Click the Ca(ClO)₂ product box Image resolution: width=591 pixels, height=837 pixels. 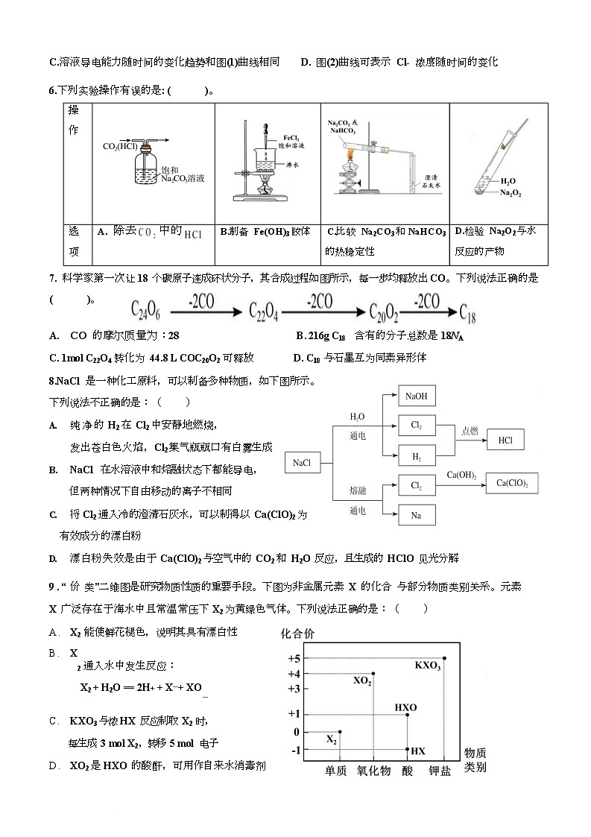512,483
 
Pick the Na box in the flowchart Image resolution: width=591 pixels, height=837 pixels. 417,514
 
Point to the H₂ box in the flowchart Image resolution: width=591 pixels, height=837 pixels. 417,454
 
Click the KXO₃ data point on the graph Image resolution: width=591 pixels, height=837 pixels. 445,657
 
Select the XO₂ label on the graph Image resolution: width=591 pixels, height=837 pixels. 362,680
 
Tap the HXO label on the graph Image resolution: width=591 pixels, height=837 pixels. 405,707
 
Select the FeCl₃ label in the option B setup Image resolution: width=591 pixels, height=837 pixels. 291,138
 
